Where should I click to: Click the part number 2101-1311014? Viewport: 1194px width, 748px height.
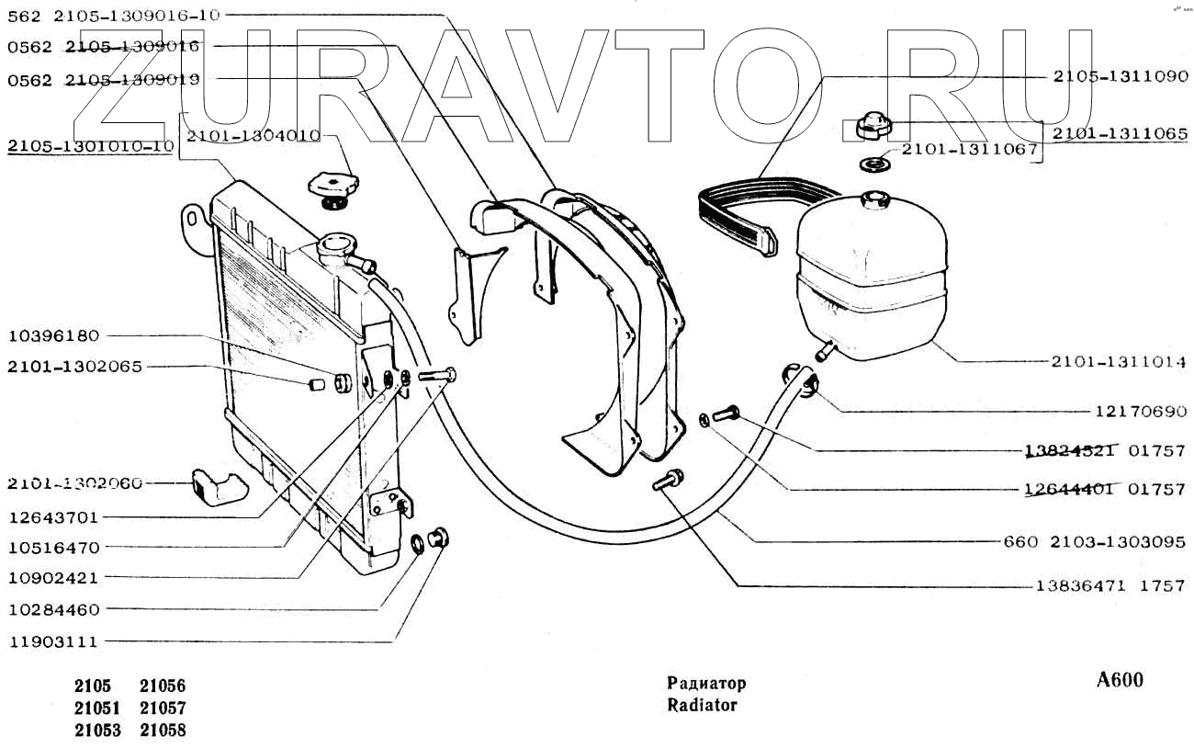click(1119, 362)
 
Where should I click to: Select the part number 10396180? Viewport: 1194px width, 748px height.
click(53, 335)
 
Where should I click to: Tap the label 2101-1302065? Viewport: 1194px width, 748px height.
click(74, 367)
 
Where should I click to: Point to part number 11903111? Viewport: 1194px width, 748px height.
click(53, 641)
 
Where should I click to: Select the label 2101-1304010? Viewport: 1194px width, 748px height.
click(253, 136)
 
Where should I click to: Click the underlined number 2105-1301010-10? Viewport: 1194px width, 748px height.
click(90, 146)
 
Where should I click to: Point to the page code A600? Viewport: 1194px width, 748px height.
click(1120, 681)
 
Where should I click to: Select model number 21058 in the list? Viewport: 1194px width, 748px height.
click(163, 731)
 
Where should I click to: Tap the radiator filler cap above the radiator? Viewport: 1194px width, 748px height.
click(332, 187)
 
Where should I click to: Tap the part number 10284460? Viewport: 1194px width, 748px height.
click(53, 609)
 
